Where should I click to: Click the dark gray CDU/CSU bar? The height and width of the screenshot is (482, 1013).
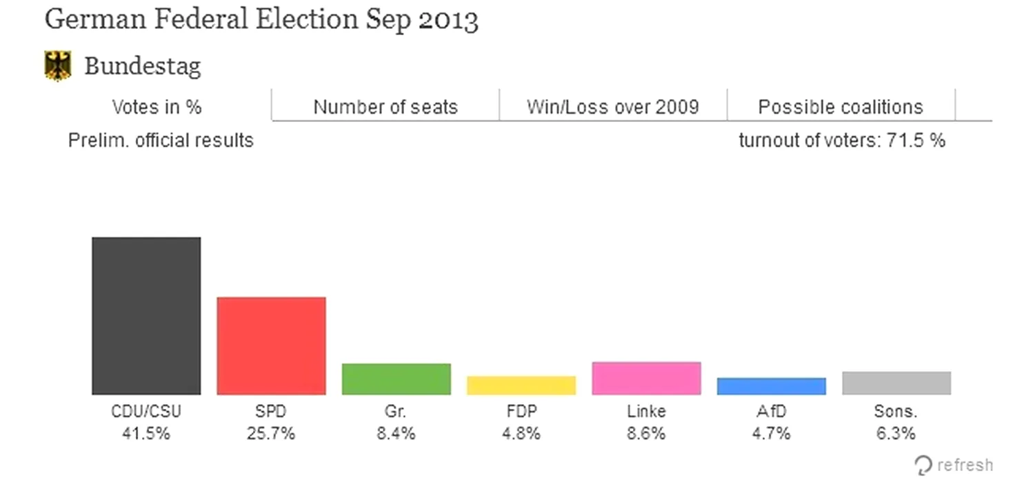[146, 316]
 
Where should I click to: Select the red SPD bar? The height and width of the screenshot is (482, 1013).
[271, 346]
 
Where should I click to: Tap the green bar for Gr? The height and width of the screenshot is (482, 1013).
[396, 379]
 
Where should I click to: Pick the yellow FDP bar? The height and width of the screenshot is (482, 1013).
[521, 385]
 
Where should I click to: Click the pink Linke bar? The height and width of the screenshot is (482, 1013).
[646, 378]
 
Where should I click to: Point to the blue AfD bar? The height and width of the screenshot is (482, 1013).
[771, 386]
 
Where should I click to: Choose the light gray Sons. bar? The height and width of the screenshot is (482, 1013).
[896, 383]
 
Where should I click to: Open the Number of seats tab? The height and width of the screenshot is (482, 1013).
[385, 107]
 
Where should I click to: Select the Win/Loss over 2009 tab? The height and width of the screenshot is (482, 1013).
[613, 107]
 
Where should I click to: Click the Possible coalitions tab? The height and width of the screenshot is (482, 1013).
[841, 107]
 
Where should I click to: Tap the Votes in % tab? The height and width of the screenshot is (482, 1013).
[157, 107]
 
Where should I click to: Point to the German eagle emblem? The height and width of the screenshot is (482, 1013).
[58, 66]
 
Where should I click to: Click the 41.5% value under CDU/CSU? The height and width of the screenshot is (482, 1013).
[146, 434]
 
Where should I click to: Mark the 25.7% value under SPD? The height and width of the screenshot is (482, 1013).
[271, 434]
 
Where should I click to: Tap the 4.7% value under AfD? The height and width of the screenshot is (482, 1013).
[771, 434]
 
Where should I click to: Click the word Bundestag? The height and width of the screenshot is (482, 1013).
[143, 66]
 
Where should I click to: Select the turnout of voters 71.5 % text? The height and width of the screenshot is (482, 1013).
[841, 140]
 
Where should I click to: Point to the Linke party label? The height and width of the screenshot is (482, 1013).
[646, 412]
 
